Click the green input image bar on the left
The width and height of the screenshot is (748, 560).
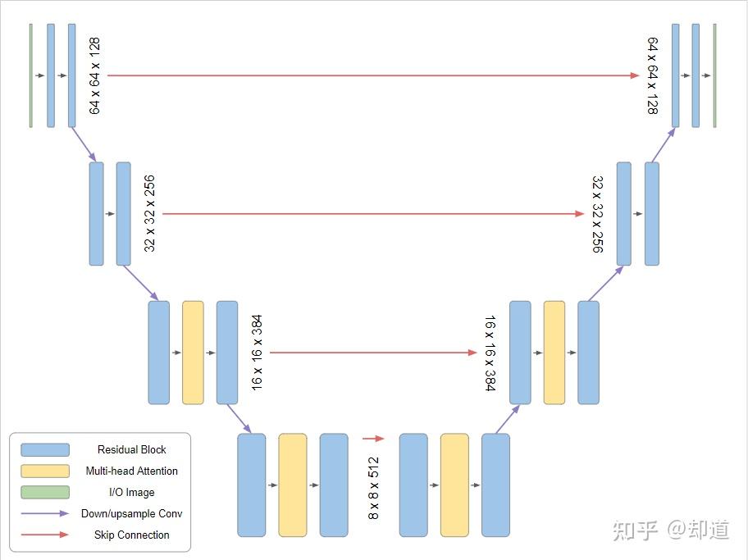pyautogui.click(x=30, y=75)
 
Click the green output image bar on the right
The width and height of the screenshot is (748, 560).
pyautogui.click(x=714, y=75)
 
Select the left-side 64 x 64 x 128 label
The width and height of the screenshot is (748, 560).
pyautogui.click(x=94, y=75)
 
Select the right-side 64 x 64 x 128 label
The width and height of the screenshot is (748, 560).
pyautogui.click(x=653, y=75)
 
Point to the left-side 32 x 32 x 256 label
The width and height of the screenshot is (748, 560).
pyautogui.click(x=149, y=213)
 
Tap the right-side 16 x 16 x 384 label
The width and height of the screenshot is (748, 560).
pyautogui.click(x=490, y=353)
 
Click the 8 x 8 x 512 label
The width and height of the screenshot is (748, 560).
pyautogui.click(x=373, y=488)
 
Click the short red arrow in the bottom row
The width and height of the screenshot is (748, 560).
pyautogui.click(x=373, y=439)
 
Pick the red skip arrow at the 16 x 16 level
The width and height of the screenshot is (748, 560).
pyautogui.click(x=373, y=353)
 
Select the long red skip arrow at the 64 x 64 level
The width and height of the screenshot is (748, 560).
pyautogui.click(x=373, y=75)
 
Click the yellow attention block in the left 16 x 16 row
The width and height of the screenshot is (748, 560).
pyautogui.click(x=193, y=353)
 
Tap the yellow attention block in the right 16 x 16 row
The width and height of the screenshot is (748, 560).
pyautogui.click(x=554, y=353)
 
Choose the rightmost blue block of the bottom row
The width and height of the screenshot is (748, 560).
pyautogui.click(x=495, y=485)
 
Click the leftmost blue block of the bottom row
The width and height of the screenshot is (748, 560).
pyautogui.click(x=252, y=485)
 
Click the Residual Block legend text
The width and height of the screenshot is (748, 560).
pyautogui.click(x=131, y=449)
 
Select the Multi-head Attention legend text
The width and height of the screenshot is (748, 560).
pyautogui.click(x=131, y=471)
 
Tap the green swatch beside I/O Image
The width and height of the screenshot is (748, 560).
pyautogui.click(x=45, y=492)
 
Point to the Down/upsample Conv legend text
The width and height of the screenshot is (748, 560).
pyautogui.click(x=131, y=513)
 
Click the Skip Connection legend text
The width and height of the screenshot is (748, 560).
pyautogui.click(x=131, y=535)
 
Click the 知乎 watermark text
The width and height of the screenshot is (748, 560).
pyautogui.click(x=636, y=530)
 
